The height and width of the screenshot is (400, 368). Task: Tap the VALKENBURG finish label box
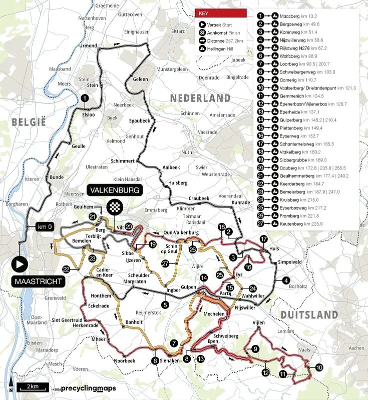click(115, 190)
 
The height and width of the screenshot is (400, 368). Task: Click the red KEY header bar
click(221, 13)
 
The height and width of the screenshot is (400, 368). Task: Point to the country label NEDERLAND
click(200, 98)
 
